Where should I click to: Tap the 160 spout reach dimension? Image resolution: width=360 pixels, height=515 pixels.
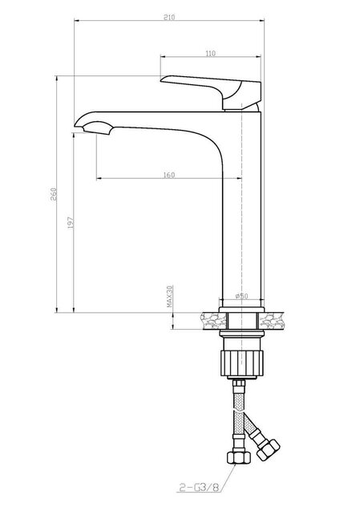pyautogui.click(x=168, y=175)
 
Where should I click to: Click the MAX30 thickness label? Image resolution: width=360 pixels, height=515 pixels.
pyautogui.click(x=170, y=298)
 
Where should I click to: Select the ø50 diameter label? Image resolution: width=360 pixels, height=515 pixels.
pyautogui.click(x=241, y=297)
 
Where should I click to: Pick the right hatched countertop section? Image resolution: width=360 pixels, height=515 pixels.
pyautogui.click(x=276, y=318)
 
